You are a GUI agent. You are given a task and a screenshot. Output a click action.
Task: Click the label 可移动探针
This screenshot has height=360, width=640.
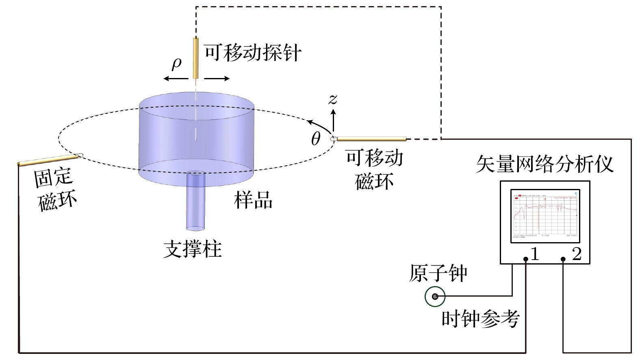click(252, 53)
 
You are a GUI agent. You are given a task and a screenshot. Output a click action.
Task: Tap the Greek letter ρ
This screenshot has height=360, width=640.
click(176, 63)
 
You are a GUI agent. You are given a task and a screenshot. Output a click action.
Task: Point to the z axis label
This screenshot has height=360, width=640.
click(333, 99)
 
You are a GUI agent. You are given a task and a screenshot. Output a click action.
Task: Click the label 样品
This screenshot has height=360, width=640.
click(253, 200)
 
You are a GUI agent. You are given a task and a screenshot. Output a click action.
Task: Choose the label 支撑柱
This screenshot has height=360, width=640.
click(192, 249)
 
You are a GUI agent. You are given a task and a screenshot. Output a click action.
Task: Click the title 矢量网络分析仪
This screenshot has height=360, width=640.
click(544, 164)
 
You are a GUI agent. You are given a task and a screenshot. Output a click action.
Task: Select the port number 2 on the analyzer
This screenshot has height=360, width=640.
click(577, 254)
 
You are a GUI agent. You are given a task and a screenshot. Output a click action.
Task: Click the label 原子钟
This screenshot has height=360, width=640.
click(438, 273)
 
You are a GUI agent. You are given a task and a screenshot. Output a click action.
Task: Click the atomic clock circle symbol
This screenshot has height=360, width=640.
click(435, 297)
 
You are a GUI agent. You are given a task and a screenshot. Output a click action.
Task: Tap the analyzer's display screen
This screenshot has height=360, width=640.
click(545, 215)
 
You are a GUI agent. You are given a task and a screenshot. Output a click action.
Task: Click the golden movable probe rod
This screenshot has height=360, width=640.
click(195, 58)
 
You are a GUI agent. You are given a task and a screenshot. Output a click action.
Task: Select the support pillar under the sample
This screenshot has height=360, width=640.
click(196, 203)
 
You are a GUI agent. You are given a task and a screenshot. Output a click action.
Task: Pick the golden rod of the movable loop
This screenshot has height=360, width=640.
click(371, 139)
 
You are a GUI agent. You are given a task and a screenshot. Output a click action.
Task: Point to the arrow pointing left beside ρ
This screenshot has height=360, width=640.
click(176, 78)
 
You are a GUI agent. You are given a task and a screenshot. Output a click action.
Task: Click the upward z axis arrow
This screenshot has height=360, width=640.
click(334, 120)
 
